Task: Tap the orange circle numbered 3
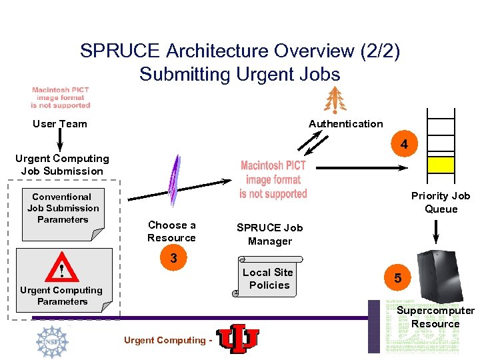coord(173,258)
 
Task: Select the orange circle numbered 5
coord(397,278)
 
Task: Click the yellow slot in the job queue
coord(441,164)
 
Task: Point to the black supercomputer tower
coord(436,274)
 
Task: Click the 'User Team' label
coord(60,123)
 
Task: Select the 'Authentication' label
coord(345,123)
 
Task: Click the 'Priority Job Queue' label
coord(441,202)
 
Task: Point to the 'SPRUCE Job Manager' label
coord(269,234)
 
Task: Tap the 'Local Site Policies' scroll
coord(268,279)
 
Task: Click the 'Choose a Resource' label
coord(171,231)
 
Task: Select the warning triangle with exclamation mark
coord(61,269)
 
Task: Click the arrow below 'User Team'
coord(60,139)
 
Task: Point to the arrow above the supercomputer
coord(437,231)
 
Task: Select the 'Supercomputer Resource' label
coord(435,317)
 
